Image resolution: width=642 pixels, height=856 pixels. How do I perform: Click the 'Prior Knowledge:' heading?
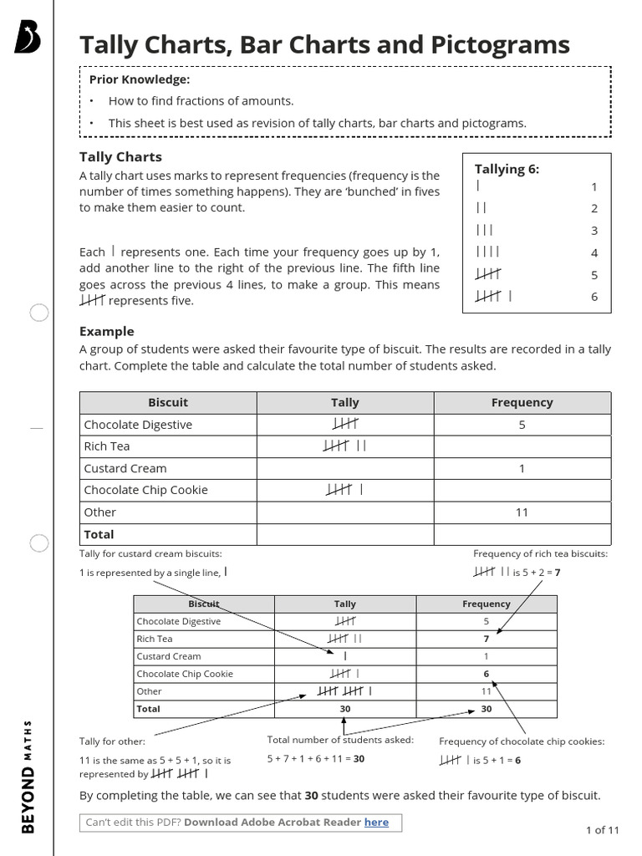click(140, 79)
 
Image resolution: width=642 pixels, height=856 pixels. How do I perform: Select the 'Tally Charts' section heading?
click(120, 156)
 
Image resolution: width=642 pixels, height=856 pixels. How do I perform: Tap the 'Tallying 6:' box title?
click(507, 169)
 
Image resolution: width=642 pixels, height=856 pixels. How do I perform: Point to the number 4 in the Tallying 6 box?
click(594, 252)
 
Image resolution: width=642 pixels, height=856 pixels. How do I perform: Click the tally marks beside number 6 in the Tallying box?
click(493, 296)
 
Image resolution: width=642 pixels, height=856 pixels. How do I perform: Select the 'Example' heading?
click(106, 331)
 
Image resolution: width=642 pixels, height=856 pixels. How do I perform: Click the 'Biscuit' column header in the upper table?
click(168, 402)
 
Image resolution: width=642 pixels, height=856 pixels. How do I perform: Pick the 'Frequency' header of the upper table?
click(522, 402)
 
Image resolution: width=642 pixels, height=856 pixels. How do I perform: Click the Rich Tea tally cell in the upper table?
click(344, 446)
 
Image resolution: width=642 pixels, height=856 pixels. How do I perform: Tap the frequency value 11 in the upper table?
click(522, 512)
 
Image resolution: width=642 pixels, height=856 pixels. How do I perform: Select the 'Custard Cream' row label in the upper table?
click(125, 468)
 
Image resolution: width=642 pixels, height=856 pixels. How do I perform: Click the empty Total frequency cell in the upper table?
click(522, 534)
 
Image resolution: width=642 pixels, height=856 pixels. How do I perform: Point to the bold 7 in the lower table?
click(486, 639)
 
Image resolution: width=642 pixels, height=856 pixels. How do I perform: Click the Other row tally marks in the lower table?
click(344, 691)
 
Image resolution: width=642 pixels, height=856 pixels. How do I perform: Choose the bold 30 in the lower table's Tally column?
click(344, 709)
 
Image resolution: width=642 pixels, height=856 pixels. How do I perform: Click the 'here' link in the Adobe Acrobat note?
click(376, 823)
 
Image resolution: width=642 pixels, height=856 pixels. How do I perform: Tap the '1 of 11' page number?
click(602, 830)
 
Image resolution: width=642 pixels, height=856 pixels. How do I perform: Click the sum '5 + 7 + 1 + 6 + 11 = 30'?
click(316, 759)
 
